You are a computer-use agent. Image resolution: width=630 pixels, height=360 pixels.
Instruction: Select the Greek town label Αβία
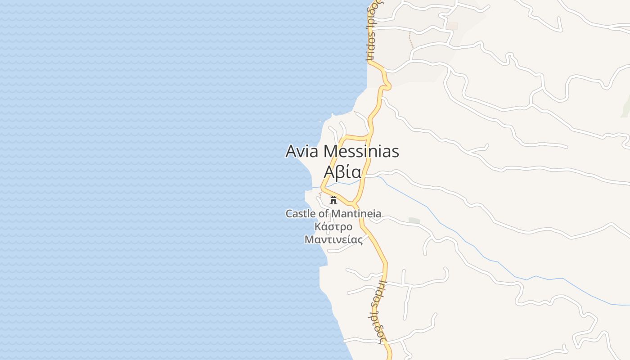342,172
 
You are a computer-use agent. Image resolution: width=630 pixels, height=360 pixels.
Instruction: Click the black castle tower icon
333,200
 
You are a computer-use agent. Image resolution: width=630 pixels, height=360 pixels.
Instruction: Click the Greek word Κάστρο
333,226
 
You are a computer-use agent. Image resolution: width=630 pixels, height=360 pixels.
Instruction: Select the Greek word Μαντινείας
333,239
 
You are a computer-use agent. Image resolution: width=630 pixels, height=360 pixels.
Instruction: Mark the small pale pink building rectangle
452,26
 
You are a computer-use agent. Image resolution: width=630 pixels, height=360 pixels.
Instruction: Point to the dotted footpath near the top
410,40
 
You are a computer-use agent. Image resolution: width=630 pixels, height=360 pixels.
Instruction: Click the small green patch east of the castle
414,220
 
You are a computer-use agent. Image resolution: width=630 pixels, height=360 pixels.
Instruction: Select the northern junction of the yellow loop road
370,135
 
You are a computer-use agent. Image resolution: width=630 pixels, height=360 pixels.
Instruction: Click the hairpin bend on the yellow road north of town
388,85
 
